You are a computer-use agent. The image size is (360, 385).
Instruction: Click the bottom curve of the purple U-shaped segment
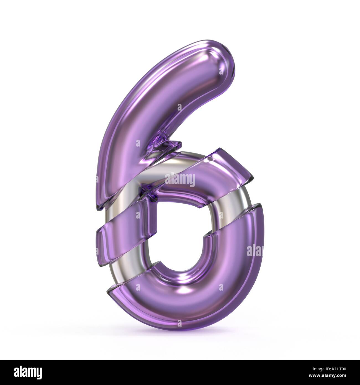pos(180,299)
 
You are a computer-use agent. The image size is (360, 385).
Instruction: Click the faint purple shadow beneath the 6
pos(180,332)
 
